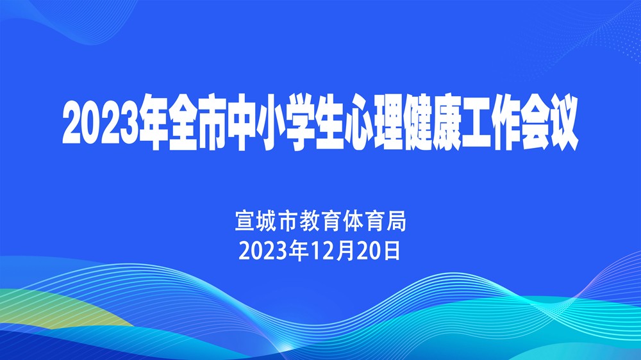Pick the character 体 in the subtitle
point(353,221)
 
